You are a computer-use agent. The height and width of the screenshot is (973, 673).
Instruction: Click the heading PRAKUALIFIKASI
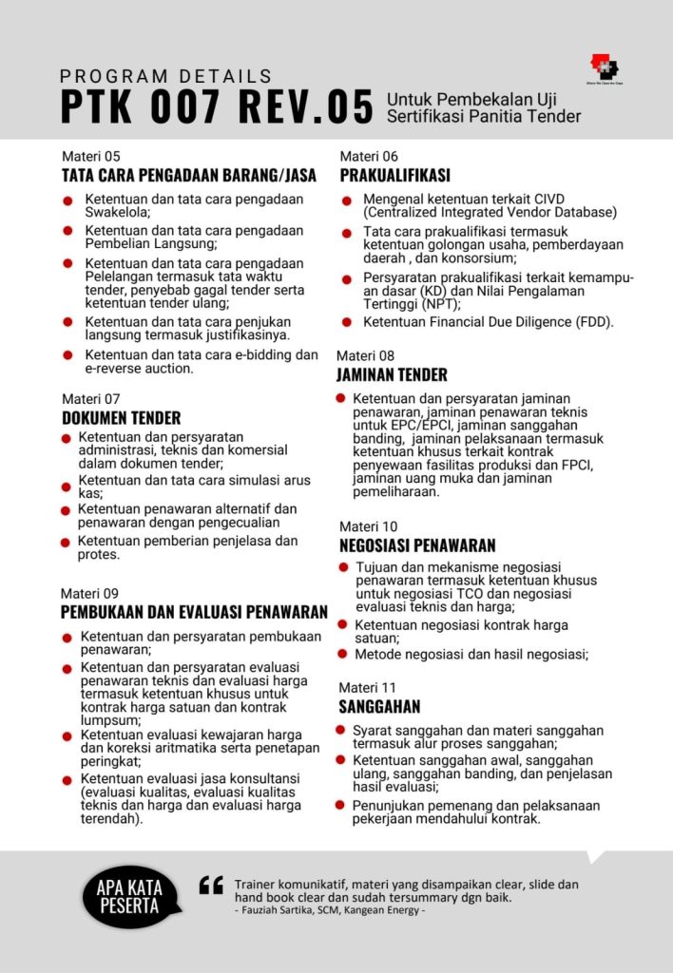(394, 176)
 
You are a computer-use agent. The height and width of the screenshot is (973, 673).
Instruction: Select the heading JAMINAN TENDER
(392, 375)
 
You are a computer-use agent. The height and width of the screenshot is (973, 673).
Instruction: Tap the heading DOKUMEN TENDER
(121, 418)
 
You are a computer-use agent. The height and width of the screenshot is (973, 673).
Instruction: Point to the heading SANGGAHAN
(379, 707)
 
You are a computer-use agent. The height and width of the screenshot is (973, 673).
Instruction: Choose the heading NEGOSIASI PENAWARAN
(417, 545)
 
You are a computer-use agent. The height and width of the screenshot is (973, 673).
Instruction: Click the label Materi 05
(91, 157)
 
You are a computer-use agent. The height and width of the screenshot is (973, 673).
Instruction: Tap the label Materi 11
(368, 687)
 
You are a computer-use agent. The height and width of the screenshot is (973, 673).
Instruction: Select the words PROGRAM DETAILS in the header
(166, 76)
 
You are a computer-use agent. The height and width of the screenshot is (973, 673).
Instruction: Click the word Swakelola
(117, 213)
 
